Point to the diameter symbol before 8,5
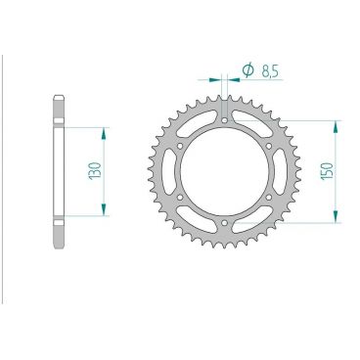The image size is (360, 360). (x=247, y=70)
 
